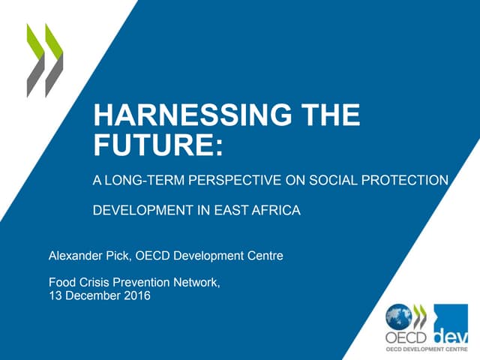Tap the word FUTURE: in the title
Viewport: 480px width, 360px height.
(157, 142)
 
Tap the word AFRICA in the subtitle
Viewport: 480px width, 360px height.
(276, 211)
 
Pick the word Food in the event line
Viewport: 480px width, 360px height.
(61, 283)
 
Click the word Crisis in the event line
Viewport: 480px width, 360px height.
(95, 283)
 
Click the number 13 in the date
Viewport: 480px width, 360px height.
(55, 295)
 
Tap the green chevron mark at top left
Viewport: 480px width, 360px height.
(45, 60)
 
